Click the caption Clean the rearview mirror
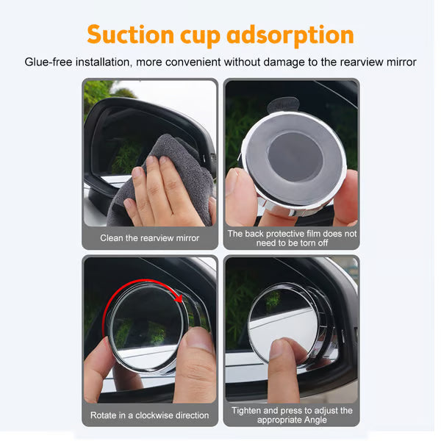tap(150, 238)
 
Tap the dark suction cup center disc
tap(295, 157)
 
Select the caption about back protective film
tap(292, 238)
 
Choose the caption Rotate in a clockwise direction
tap(150, 415)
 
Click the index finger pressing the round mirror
tap(282, 367)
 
